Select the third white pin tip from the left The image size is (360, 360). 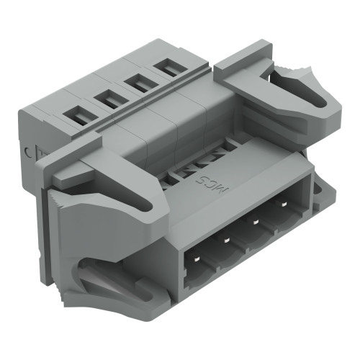pyautogui.click(x=256, y=222)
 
